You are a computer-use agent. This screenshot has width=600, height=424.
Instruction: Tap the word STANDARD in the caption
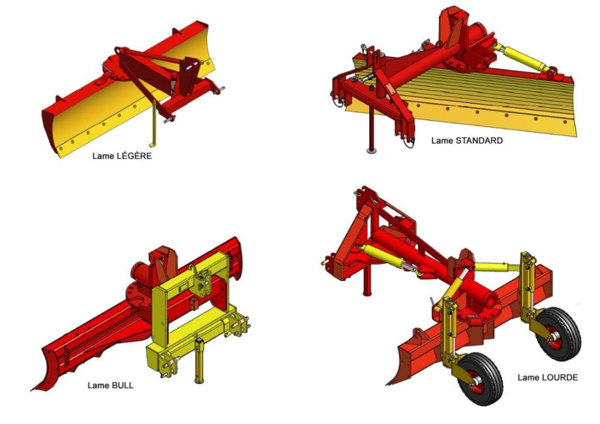[x=479, y=140]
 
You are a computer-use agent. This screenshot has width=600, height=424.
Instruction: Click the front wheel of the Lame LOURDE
[x=479, y=380]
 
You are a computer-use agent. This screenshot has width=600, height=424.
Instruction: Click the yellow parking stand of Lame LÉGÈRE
[x=154, y=123]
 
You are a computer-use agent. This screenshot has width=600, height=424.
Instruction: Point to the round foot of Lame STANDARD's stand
[x=371, y=150]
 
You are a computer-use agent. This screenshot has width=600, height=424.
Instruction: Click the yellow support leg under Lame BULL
[x=200, y=361]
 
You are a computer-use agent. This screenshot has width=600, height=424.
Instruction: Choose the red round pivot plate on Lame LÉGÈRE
[x=113, y=69]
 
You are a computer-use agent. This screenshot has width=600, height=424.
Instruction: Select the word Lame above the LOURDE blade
[x=528, y=378]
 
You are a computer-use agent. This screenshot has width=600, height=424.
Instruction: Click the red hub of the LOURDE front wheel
[x=476, y=382]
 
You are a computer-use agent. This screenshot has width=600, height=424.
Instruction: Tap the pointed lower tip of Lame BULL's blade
[x=32, y=389]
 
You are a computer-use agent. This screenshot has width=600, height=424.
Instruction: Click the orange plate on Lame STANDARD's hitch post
[x=389, y=89]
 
